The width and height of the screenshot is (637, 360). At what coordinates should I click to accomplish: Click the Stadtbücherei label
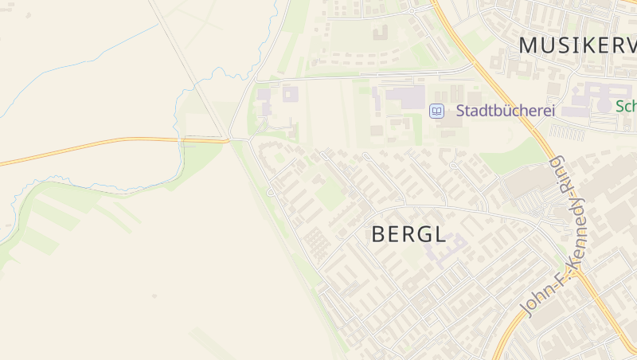coord(505,111)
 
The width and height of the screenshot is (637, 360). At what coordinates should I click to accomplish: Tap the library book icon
coord(436,111)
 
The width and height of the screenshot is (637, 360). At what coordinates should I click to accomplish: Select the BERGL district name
coord(408,233)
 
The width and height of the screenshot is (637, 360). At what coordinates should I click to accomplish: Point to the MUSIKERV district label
coord(577,45)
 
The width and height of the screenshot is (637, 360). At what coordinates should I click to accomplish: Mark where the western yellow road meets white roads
coord(230,140)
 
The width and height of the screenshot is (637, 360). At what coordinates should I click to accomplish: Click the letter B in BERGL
coord(379,233)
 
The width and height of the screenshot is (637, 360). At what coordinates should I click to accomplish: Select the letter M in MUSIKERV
coord(529,45)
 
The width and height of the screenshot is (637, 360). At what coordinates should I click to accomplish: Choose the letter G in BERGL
coord(424,233)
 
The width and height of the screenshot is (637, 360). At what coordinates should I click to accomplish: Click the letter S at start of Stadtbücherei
coord(460,111)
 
